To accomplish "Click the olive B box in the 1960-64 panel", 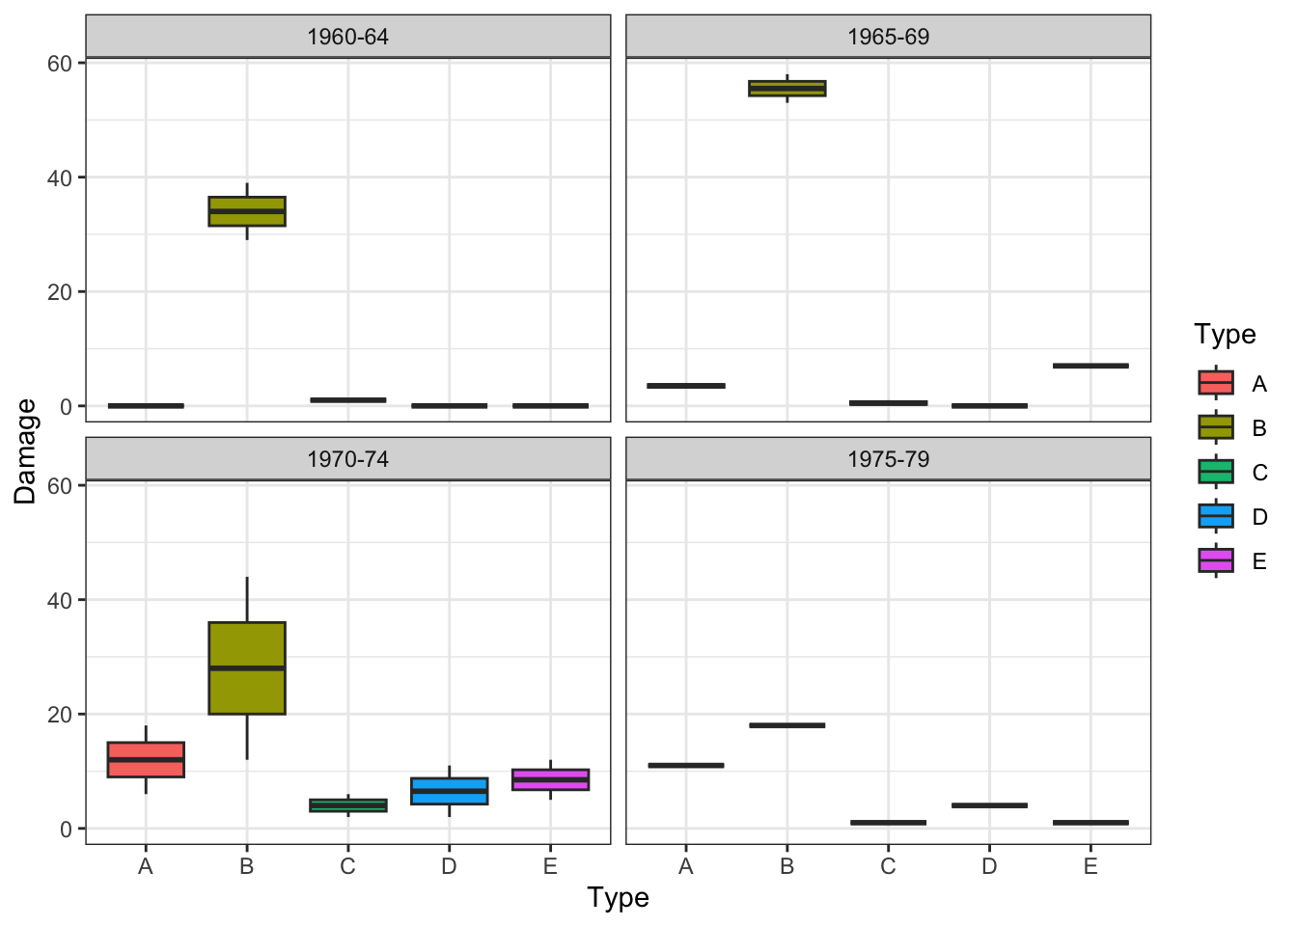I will (247, 210).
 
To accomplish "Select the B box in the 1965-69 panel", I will (787, 89).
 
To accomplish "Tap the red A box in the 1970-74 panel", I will (146, 759).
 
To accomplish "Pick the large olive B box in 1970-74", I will (247, 667).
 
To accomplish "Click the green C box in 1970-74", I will (348, 805).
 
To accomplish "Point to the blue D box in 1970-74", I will (450, 791).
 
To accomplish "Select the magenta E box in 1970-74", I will (550, 779).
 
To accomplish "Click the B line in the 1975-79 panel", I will (787, 725).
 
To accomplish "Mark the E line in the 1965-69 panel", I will (1090, 366).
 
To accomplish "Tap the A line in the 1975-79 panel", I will (686, 766).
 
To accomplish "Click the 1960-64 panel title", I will (347, 37).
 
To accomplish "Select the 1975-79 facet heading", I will (888, 459).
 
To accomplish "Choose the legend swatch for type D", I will (1216, 516).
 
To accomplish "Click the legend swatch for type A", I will (1216, 383).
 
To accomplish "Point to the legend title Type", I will (1225, 335).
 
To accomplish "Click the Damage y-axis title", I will (25, 450).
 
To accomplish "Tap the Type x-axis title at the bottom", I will (618, 898).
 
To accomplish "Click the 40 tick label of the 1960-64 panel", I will (60, 177).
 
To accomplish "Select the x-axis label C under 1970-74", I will (348, 866).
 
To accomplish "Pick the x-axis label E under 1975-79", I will (1090, 866).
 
